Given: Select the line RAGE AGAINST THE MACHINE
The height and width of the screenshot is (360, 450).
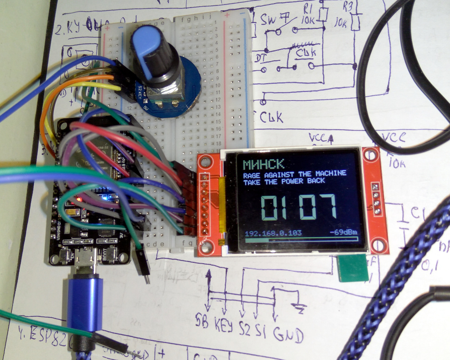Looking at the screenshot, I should (x=295, y=174).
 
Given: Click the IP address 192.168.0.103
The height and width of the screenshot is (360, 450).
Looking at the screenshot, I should (x=273, y=233).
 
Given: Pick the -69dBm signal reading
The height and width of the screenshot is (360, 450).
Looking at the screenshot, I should (x=344, y=233).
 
